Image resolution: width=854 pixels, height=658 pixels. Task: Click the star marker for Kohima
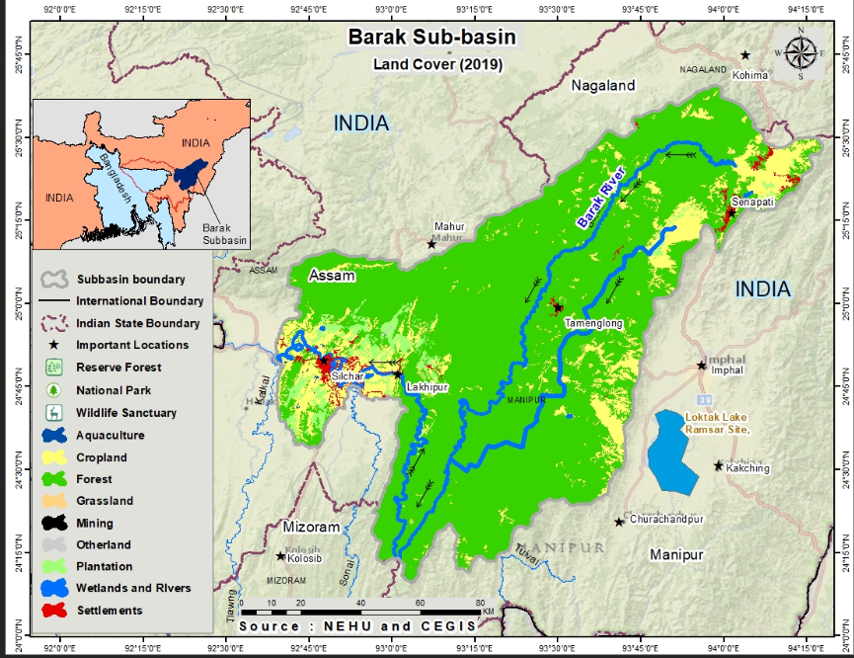(x=745, y=55)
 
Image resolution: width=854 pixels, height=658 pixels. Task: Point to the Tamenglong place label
(x=591, y=323)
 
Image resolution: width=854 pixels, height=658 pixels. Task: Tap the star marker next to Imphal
(x=702, y=366)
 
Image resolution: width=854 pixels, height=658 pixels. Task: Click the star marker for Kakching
(x=719, y=465)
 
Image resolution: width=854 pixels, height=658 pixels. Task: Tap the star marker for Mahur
(x=431, y=244)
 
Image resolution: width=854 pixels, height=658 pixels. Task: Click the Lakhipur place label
(x=427, y=388)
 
